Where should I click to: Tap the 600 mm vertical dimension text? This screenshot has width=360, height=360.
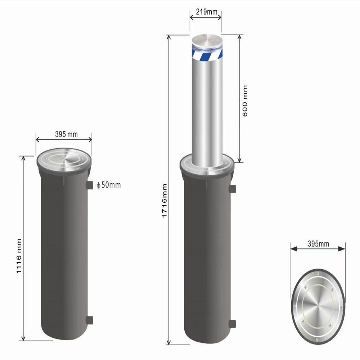pos(245,101)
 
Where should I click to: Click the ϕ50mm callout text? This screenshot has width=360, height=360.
pos(108,185)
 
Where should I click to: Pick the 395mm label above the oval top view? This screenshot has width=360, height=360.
pos(318,244)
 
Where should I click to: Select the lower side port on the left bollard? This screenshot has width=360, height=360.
pos(89,320)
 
